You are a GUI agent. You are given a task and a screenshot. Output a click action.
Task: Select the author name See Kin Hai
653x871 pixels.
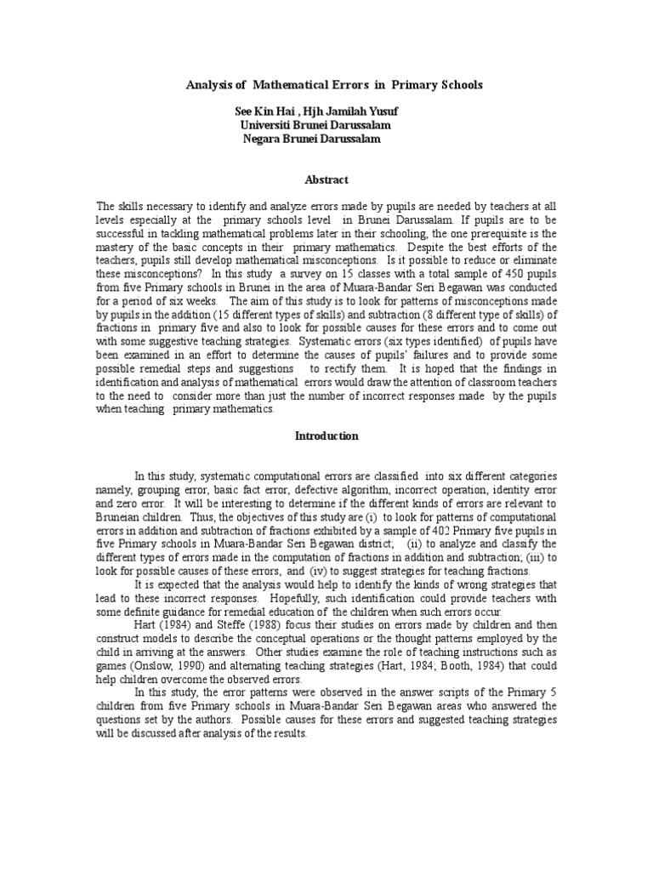click(x=263, y=111)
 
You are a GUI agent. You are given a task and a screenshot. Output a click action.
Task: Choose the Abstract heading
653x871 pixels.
click(x=326, y=179)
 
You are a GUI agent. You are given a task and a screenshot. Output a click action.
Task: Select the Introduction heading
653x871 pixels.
click(x=326, y=436)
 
